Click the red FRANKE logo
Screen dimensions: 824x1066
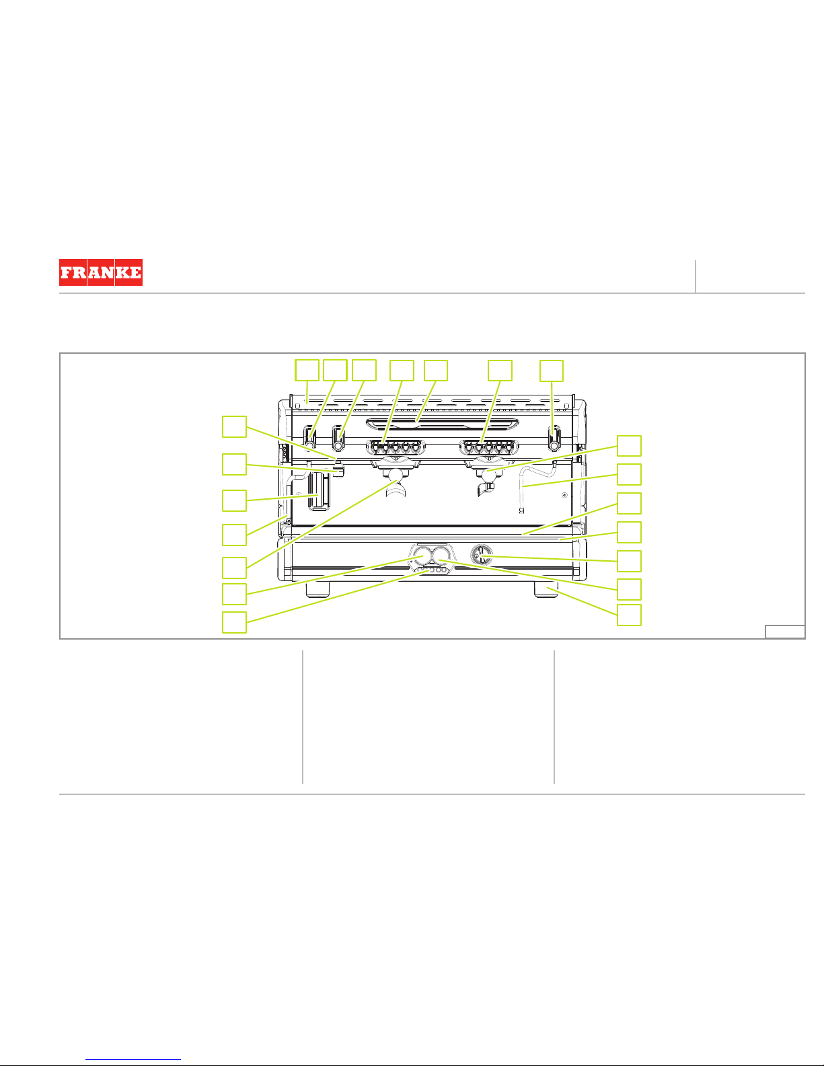[x=100, y=272]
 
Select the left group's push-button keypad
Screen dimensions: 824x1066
[x=396, y=447]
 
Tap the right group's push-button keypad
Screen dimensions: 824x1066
[x=489, y=447]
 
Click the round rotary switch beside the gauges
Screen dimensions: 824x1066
[x=481, y=555]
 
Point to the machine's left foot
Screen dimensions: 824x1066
[x=318, y=589]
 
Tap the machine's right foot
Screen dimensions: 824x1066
[x=546, y=589]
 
